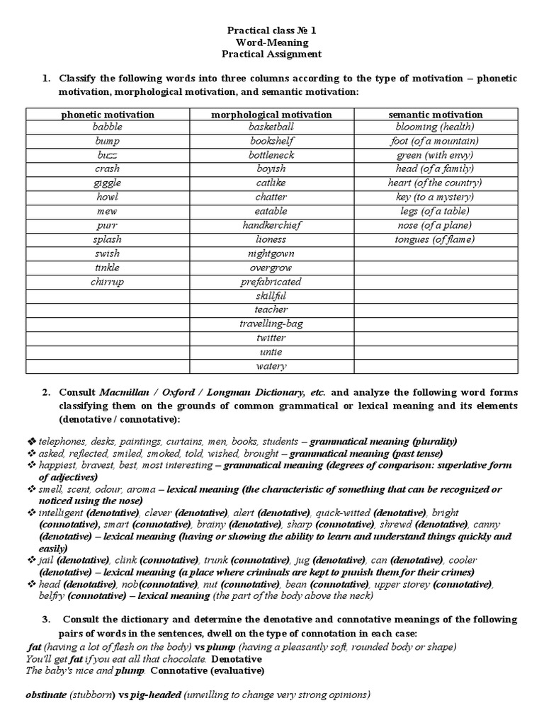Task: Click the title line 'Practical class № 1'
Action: click(273, 30)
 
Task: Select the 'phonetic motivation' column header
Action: click(107, 114)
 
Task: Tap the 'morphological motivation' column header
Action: click(271, 114)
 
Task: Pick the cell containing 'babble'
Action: click(107, 127)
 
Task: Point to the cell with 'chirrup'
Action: click(107, 282)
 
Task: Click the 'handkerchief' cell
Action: click(271, 225)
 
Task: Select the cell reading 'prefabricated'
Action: click(271, 282)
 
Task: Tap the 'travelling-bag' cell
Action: click(271, 324)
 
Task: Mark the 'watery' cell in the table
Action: click(271, 366)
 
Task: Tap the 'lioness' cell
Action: click(271, 239)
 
